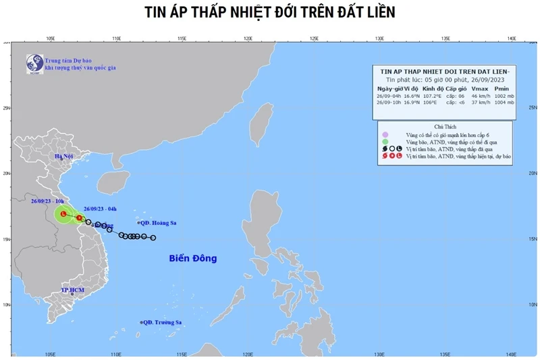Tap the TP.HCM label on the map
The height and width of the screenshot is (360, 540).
[x=72, y=290]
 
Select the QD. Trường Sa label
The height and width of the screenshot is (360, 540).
[x=163, y=322]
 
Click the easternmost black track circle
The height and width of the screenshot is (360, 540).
[x=153, y=238]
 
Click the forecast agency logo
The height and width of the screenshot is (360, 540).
[x=34, y=63]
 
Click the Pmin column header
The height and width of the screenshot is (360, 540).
[x=501, y=88]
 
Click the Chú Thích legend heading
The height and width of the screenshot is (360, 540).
[x=446, y=126]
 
